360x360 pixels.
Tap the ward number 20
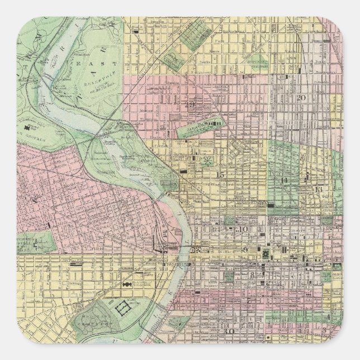click(301, 98)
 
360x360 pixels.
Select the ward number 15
click(220, 176)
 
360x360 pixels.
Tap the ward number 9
click(246, 249)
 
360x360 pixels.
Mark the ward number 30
click(229, 331)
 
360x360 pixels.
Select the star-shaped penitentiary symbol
click(208, 161)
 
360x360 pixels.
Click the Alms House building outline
click(121, 307)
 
